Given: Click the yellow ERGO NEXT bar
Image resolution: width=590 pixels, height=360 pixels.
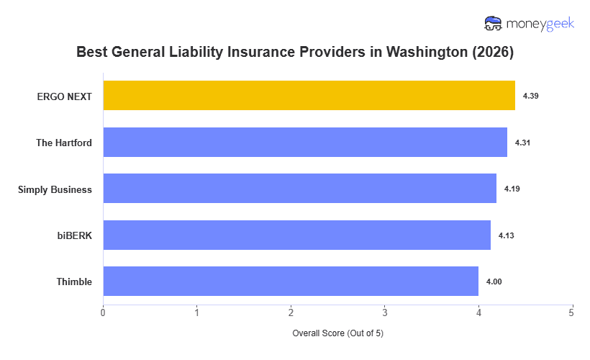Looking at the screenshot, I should click(x=309, y=96).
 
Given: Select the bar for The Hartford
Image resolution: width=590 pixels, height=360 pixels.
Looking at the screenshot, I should click(x=305, y=143).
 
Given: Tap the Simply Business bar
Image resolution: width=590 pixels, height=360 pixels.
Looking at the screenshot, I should click(x=299, y=189).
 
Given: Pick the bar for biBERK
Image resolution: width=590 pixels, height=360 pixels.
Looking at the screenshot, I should click(x=296, y=235).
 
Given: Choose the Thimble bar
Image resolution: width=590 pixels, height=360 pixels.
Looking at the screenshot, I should click(x=291, y=282).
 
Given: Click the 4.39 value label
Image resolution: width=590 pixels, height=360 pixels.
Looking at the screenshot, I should click(x=530, y=96).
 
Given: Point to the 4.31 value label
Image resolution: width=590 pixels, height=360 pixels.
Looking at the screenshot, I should click(x=522, y=143).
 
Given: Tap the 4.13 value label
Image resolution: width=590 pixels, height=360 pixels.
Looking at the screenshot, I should click(x=506, y=235).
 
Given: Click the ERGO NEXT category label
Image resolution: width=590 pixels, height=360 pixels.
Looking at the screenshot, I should click(x=65, y=96).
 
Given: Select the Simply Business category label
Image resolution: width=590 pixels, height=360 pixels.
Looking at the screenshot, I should click(x=55, y=189).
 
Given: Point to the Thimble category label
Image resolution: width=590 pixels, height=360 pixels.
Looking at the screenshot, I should click(x=74, y=282).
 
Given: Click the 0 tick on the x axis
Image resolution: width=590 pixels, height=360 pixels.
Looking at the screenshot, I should click(x=103, y=312).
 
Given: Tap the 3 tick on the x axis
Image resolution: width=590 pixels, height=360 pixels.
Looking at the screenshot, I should click(x=384, y=312).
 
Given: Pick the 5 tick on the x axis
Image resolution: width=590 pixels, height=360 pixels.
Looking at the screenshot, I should click(x=572, y=312).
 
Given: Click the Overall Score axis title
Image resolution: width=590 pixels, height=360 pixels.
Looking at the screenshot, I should click(x=337, y=333).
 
